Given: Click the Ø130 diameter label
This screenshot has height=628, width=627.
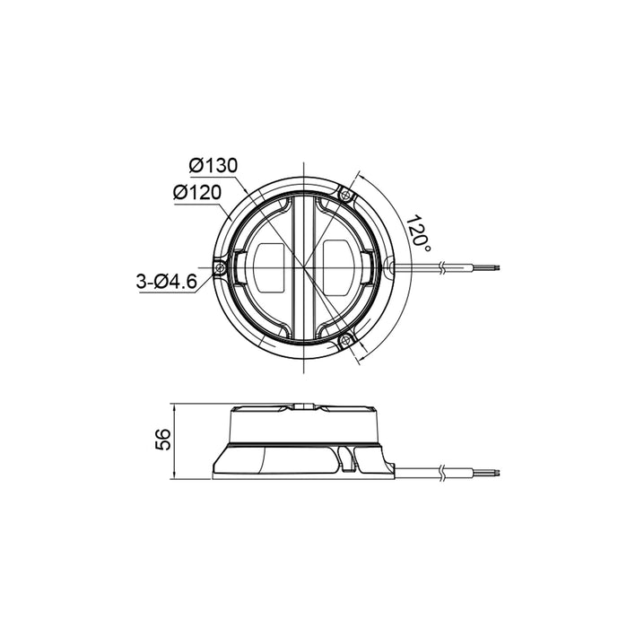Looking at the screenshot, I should (x=213, y=165).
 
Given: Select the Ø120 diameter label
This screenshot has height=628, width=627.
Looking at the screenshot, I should (x=197, y=192).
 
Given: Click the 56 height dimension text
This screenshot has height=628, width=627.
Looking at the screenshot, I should (x=162, y=440).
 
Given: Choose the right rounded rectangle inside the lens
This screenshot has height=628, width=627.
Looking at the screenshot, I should (x=338, y=266).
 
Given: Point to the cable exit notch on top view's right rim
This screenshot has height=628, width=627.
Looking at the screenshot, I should (x=391, y=266).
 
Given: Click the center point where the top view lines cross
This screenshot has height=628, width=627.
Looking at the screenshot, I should (x=305, y=266).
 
